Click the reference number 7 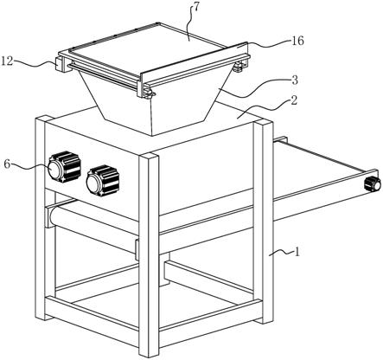tap(195, 8)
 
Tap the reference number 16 tap(297, 41)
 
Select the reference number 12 tap(7, 61)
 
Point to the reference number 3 tap(295, 80)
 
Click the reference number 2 tap(293, 100)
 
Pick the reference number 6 tap(8, 164)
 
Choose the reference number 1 tap(297, 253)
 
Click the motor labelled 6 tap(64, 167)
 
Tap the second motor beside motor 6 tap(103, 181)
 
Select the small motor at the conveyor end tap(373, 183)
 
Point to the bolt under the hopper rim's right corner tap(239, 67)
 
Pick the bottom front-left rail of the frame tap(92, 321)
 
